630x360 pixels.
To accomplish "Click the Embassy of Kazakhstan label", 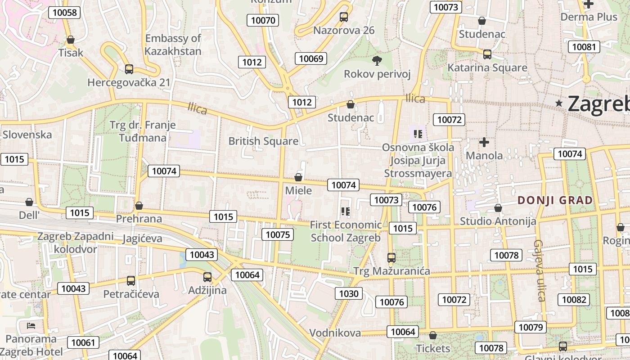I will click(173, 45).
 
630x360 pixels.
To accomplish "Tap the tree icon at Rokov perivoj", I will click(377, 60).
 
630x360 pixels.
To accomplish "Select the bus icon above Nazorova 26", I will click(344, 17).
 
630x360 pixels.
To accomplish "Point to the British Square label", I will click(263, 141).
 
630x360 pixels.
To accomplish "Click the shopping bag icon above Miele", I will click(298, 177).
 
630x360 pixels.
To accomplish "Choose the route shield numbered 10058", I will click(64, 12).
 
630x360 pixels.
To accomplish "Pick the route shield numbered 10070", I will click(263, 20).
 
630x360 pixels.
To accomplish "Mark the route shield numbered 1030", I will click(349, 294).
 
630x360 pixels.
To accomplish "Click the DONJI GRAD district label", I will click(555, 200).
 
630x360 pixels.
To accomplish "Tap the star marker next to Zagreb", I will click(559, 103).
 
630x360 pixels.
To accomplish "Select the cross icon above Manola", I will click(484, 143).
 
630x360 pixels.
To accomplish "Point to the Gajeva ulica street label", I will click(540, 270).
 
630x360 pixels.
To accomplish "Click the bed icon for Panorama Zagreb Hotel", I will click(31, 325).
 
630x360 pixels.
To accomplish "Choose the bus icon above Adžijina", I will click(207, 277).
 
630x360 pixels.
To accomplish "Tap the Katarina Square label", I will click(487, 67).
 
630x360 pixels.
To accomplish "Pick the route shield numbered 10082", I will click(574, 300).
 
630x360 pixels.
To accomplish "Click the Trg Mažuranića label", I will click(391, 271).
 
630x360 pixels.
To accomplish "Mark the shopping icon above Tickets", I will click(433, 336).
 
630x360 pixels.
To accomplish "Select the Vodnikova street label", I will click(335, 333).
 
